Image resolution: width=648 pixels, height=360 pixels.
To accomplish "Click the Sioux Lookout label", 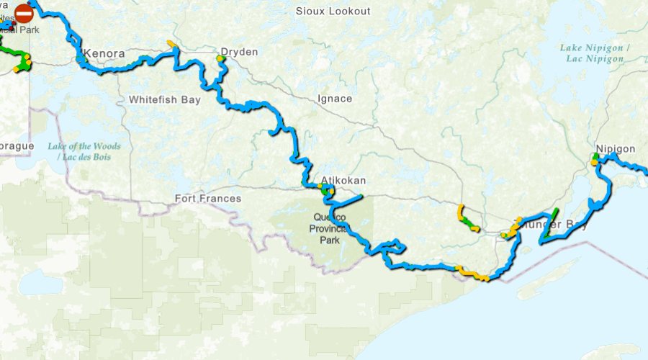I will (333, 11).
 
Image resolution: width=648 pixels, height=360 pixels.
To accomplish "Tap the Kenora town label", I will (105, 54).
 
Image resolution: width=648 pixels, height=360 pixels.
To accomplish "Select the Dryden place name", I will (239, 52).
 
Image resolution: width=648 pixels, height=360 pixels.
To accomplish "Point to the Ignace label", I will (335, 99).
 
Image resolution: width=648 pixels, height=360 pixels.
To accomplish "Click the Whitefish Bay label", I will (165, 100).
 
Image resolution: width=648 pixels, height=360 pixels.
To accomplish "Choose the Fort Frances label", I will (208, 199).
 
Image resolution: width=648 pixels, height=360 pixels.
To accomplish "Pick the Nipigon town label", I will (616, 149).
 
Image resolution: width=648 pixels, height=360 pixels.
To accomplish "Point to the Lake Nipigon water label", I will (595, 53).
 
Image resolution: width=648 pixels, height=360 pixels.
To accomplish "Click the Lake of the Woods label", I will (84, 151).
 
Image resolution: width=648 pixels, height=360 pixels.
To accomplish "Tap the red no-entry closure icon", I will (24, 13).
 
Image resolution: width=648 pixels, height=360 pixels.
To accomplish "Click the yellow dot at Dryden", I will (220, 58).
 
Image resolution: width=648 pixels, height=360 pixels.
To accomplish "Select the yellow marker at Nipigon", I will (595, 162).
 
